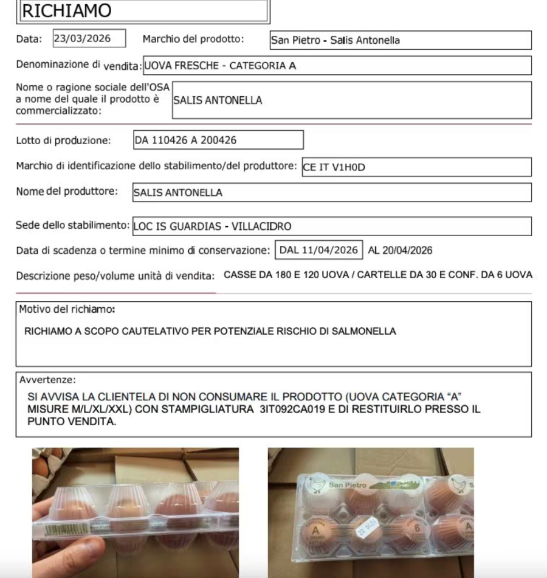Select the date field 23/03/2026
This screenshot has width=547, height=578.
pyautogui.click(x=89, y=39)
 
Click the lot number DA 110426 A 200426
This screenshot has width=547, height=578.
pyautogui.click(x=218, y=141)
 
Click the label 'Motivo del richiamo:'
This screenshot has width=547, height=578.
pyautogui.click(x=68, y=308)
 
